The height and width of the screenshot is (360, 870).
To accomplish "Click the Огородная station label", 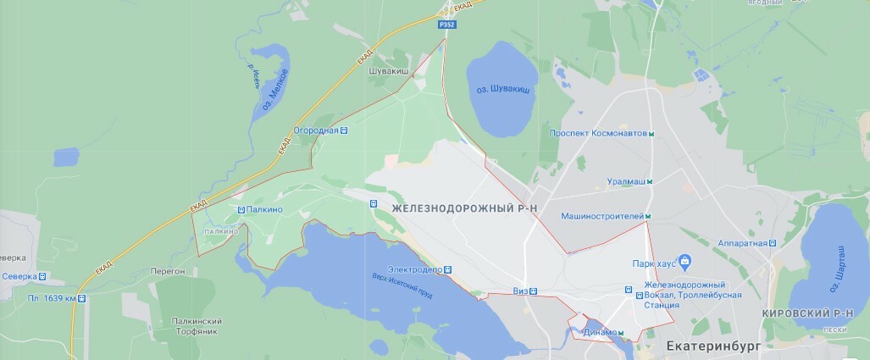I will [x=315, y=130].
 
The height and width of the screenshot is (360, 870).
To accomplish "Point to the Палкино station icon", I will [x=241, y=209].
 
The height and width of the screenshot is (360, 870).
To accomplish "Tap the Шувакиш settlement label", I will [x=389, y=73].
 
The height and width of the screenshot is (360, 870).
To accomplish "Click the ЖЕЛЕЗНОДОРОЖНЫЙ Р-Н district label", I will [x=465, y=207].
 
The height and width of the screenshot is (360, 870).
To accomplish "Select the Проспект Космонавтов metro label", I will [x=597, y=134].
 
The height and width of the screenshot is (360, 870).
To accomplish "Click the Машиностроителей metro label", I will [x=602, y=217].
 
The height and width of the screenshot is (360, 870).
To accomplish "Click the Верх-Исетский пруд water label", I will [x=403, y=286].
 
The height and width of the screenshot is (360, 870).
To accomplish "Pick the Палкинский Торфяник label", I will [x=196, y=326].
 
